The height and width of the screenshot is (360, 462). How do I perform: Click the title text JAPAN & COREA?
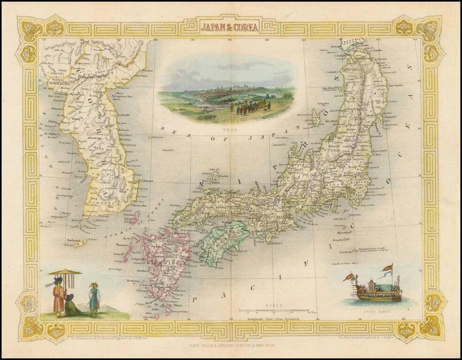229,27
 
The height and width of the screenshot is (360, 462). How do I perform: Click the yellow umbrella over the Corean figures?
65,272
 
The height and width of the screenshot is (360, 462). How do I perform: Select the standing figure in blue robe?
94,299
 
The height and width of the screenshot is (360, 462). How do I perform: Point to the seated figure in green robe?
71,307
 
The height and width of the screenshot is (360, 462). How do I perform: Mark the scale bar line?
273,310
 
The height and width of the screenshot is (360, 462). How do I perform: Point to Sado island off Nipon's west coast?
316,117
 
